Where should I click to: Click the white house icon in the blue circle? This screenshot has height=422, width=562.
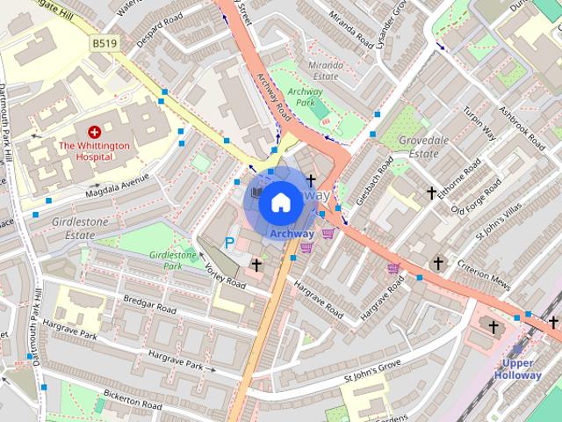click(x=280, y=203)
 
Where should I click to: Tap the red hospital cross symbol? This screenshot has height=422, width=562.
click(x=94, y=130)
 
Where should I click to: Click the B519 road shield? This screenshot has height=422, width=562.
click(x=104, y=41)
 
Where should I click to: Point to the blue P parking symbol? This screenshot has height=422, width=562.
click(x=229, y=243)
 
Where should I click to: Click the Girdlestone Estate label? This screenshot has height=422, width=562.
click(x=80, y=229)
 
